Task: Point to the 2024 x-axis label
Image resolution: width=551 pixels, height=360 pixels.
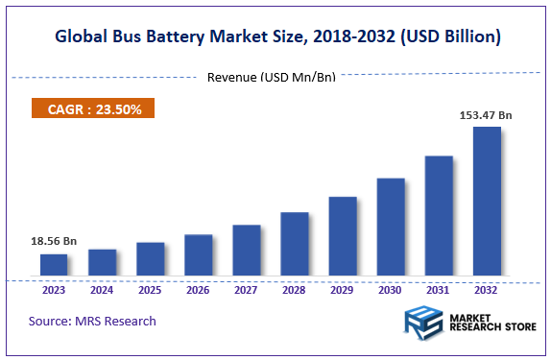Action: click(x=102, y=289)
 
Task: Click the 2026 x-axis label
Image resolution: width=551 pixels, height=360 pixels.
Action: click(x=198, y=289)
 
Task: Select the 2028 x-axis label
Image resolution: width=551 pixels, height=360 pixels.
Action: click(x=295, y=289)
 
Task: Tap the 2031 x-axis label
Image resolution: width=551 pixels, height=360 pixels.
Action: click(x=439, y=289)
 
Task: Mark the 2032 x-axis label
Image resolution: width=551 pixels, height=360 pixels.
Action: click(x=487, y=289)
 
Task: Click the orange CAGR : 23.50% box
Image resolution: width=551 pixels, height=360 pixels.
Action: click(x=94, y=109)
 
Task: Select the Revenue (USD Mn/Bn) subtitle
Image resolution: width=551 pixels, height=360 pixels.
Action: click(x=272, y=77)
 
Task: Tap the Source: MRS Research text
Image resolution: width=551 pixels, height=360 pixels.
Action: click(x=92, y=321)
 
